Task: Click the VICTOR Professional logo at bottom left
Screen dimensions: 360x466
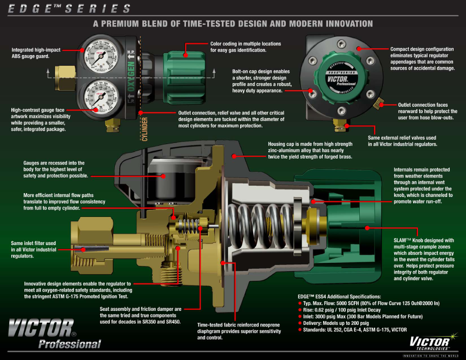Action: click(54, 333)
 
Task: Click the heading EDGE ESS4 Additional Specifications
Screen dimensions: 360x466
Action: click(339, 296)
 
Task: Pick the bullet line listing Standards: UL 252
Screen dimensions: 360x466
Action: click(356, 329)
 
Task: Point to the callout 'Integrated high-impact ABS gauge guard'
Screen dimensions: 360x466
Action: click(37, 52)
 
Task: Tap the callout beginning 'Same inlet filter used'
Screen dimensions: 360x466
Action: click(33, 249)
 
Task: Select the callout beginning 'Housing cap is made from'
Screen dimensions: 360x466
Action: click(310, 150)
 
